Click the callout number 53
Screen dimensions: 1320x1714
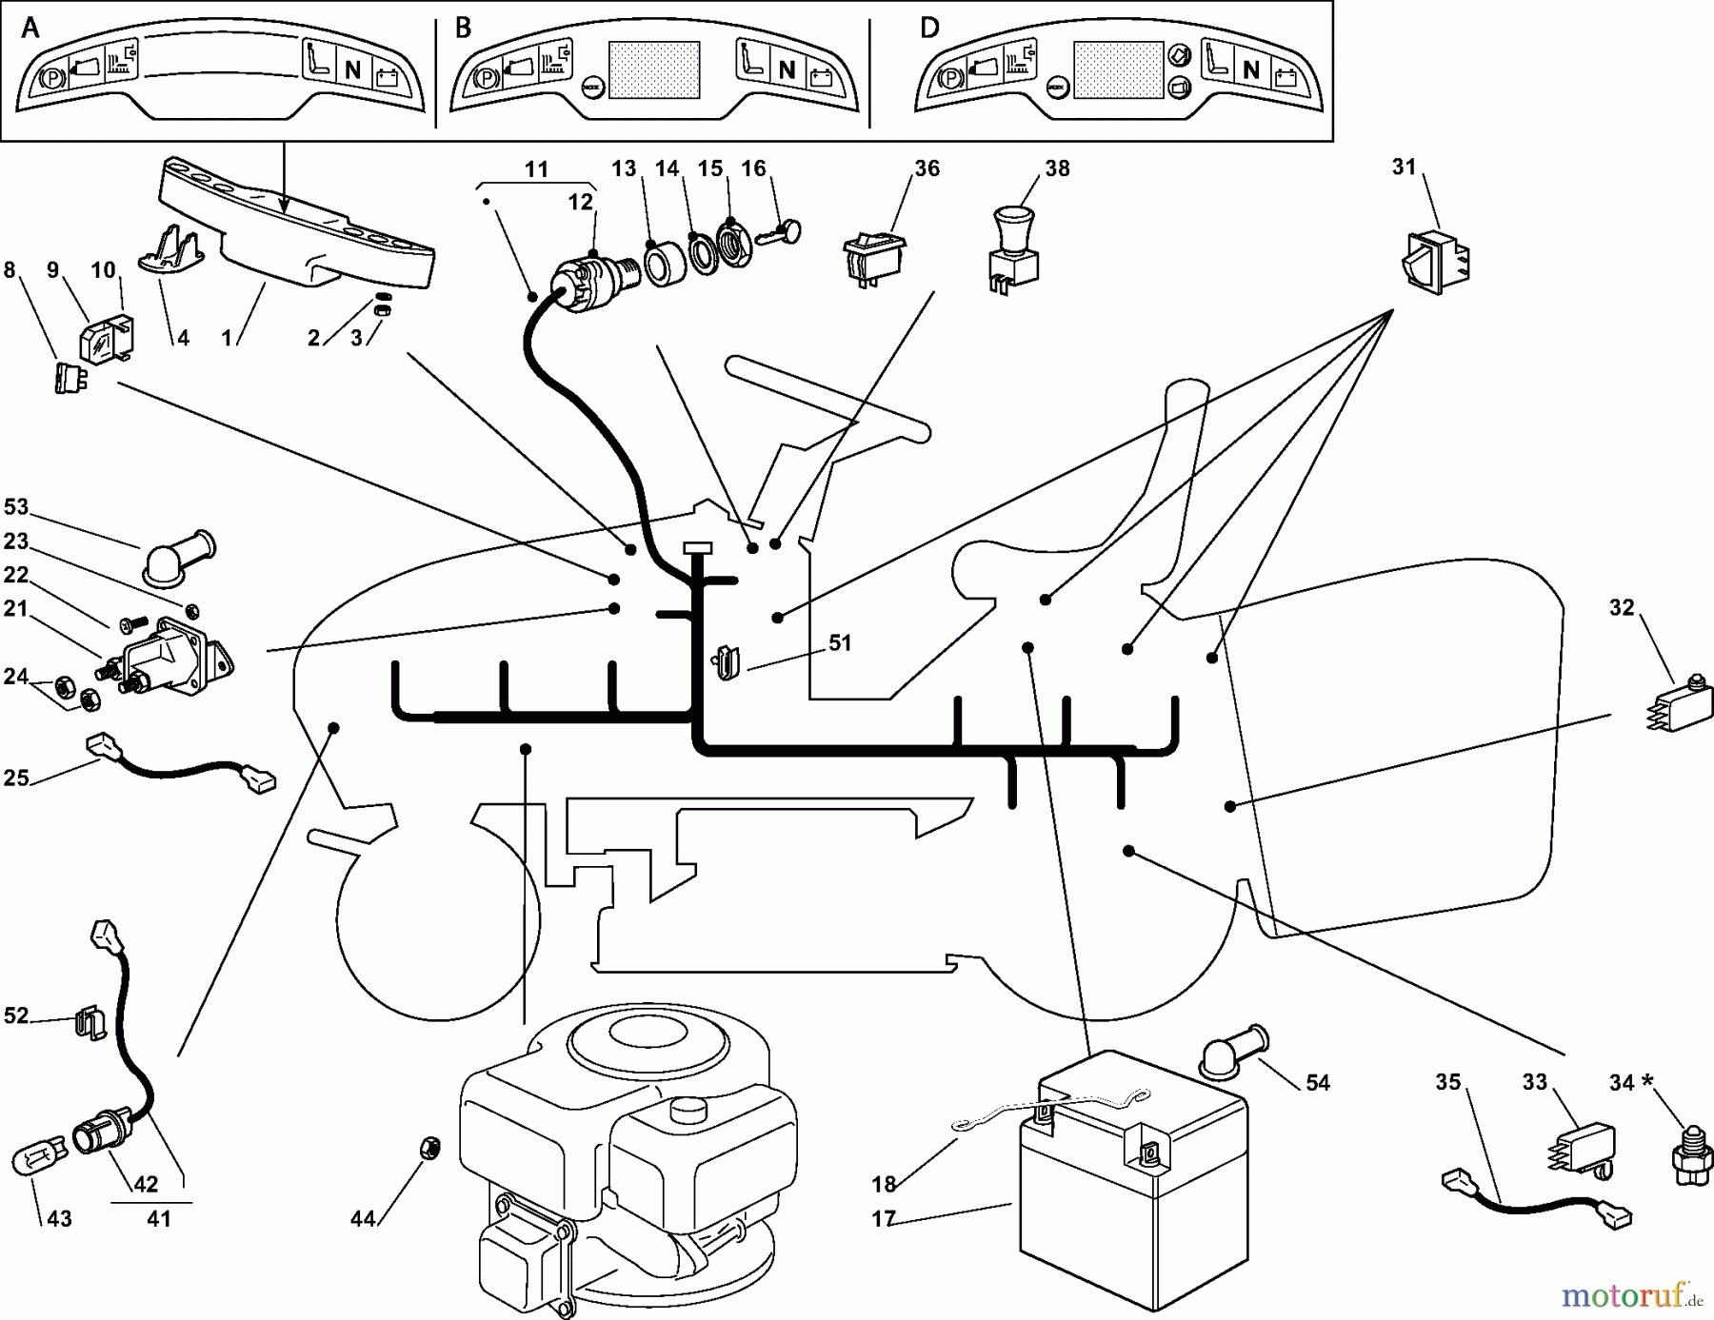16,507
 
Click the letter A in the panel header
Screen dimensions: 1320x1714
30,29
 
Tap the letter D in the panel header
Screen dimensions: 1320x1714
929,28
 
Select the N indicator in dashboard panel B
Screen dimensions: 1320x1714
787,69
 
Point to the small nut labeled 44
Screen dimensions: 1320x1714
429,1149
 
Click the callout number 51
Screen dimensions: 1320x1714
839,643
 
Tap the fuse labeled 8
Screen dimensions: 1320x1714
67,378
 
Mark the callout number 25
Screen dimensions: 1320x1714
15,778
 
